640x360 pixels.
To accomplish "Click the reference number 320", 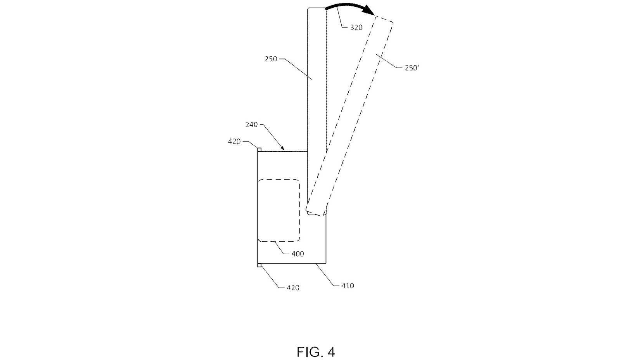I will click(x=356, y=28).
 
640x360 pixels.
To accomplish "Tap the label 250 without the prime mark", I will click(x=271, y=59).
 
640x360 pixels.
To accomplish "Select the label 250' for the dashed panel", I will click(x=412, y=68).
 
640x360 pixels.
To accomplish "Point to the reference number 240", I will click(x=251, y=125).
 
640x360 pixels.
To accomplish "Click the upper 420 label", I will click(x=234, y=142).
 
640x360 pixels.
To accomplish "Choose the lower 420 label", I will click(x=293, y=288).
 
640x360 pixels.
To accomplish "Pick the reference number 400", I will click(x=298, y=254).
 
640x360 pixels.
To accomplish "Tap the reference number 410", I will click(x=348, y=286).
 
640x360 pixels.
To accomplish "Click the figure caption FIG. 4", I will click(x=316, y=352).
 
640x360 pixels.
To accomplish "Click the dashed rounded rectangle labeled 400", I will click(x=279, y=210).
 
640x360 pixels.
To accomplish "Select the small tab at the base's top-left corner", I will click(x=259, y=150).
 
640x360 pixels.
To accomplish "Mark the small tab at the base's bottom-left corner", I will click(x=259, y=265).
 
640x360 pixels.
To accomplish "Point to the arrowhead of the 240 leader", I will click(x=283, y=149).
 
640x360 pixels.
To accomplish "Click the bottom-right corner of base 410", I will click(x=326, y=263).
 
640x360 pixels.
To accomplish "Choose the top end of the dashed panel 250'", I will click(x=384, y=19).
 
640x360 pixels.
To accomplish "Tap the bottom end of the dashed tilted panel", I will click(x=315, y=212).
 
